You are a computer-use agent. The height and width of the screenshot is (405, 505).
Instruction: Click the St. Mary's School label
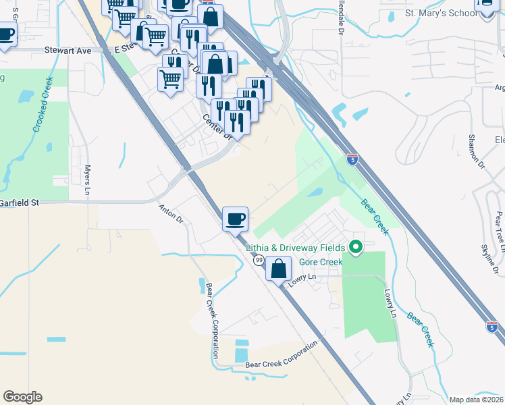point(423,13)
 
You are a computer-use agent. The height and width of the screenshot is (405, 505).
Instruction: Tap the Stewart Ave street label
point(68,50)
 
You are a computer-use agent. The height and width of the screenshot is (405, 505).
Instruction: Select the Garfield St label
point(20,202)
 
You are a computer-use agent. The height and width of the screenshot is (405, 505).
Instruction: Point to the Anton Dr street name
point(171,214)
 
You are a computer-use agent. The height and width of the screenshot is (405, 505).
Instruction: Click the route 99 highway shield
point(259,260)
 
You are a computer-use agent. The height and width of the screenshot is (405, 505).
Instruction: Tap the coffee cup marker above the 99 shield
point(235,219)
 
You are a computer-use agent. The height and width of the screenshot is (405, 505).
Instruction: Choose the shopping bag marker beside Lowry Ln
point(278,269)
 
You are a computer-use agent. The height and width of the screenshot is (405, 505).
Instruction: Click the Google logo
point(22,397)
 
